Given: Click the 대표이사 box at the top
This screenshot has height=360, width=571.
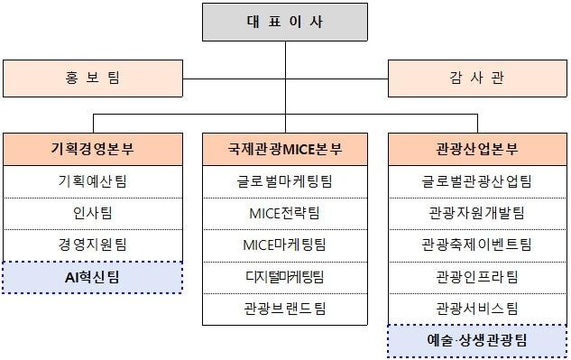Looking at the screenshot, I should (x=284, y=23).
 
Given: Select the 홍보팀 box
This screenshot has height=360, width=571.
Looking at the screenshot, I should (x=92, y=78).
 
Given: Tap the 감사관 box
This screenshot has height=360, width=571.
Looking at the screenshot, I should (x=477, y=78).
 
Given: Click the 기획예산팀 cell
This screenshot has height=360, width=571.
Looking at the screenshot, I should (x=92, y=181).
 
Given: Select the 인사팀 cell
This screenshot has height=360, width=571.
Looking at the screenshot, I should (x=92, y=213).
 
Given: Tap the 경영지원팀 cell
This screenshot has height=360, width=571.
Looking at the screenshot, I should (x=92, y=245).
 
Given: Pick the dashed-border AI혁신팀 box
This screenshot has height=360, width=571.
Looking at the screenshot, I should (x=92, y=277).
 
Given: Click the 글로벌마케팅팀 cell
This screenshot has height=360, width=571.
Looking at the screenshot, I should (x=285, y=181).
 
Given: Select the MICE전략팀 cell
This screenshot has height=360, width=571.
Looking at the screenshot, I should (x=285, y=213).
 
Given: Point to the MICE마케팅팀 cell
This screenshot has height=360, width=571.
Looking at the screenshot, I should (x=285, y=245).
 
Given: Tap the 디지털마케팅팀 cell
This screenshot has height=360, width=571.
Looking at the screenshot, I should (x=285, y=276).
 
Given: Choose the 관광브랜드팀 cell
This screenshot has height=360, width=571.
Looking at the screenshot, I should (x=285, y=308).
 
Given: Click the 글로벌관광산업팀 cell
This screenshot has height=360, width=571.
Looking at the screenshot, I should (x=477, y=181).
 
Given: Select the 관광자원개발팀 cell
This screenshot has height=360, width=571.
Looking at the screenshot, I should (x=477, y=213).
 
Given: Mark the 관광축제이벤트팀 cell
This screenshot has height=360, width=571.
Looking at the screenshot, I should (x=477, y=245).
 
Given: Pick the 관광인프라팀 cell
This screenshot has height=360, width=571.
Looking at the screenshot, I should (x=477, y=276).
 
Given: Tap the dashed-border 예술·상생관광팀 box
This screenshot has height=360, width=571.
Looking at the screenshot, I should (x=477, y=340).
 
